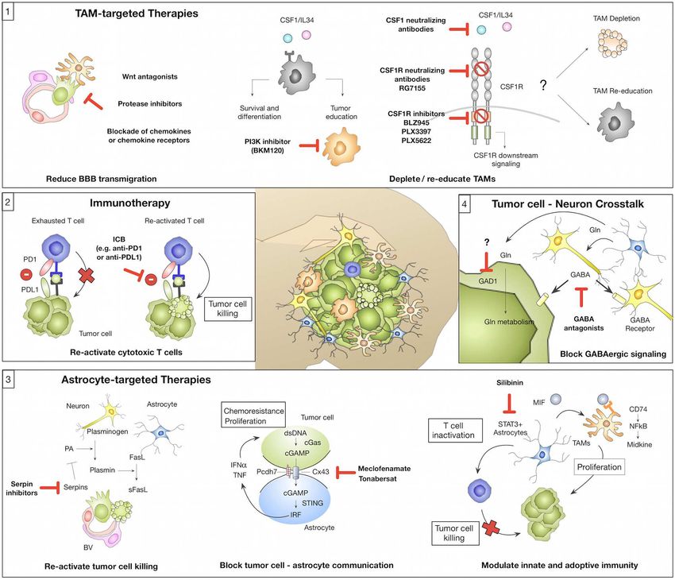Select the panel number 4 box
(x=464, y=203)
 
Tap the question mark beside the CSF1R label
(x=543, y=85)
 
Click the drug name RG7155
(x=412, y=88)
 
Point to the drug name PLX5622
(x=416, y=141)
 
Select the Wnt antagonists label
(x=150, y=76)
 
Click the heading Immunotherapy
(x=130, y=203)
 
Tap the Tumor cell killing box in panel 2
(x=227, y=309)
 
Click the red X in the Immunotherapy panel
(x=87, y=275)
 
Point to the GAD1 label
(x=488, y=281)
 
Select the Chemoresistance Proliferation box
(x=253, y=416)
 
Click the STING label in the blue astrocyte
(x=312, y=503)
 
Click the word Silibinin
(x=510, y=382)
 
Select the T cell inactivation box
(x=453, y=431)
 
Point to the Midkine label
(x=639, y=444)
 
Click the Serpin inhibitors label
(x=21, y=489)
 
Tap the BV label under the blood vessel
(x=88, y=547)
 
